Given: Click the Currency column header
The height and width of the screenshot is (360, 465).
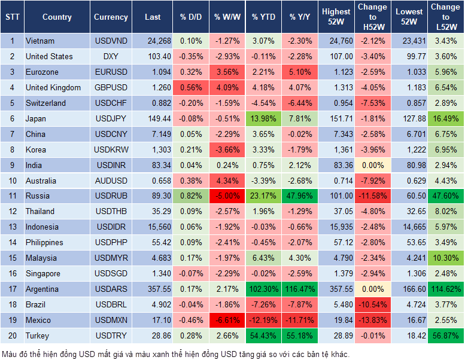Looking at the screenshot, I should [x=111, y=17].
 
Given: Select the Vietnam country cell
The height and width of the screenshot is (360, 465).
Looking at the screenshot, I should [x=40, y=41].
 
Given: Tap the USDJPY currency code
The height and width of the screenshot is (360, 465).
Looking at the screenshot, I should [x=111, y=118].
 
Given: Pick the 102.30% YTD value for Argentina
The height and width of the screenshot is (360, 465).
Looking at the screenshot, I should [x=263, y=289].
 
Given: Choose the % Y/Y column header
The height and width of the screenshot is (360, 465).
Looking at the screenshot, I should [x=300, y=17].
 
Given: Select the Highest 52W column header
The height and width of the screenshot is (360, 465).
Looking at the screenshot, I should [x=336, y=17].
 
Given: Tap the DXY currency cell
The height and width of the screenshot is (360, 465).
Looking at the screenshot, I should [x=111, y=56].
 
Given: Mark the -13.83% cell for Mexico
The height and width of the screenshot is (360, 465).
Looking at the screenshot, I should [x=372, y=320].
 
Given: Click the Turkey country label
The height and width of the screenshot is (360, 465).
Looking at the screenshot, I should [x=38, y=335].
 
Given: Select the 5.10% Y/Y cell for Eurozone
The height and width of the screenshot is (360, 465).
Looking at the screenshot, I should [x=300, y=72].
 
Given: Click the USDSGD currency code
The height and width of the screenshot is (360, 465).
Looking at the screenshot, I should [x=111, y=273].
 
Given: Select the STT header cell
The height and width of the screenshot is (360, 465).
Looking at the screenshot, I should [x=12, y=17].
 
